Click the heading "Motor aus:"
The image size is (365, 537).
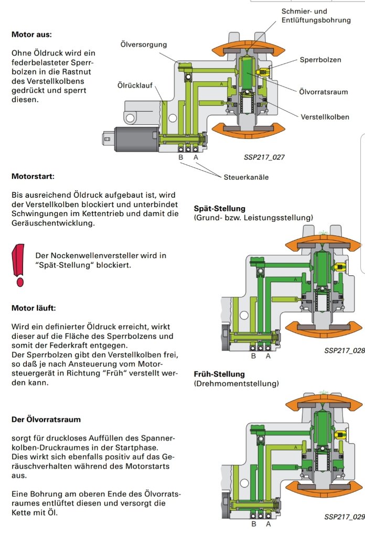[x=31, y=35]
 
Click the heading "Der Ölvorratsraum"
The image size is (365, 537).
[x=46, y=420]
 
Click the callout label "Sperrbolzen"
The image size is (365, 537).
[x=320, y=60]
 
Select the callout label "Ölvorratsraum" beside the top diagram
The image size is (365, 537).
[x=323, y=92]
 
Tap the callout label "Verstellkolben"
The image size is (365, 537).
[x=325, y=117]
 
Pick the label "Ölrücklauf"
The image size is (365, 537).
[x=135, y=85]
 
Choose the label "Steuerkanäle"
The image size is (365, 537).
[x=246, y=177]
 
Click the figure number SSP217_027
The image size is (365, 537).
[x=264, y=157]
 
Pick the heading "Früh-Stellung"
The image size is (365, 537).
[x=219, y=374]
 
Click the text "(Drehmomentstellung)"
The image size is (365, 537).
[x=236, y=384]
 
